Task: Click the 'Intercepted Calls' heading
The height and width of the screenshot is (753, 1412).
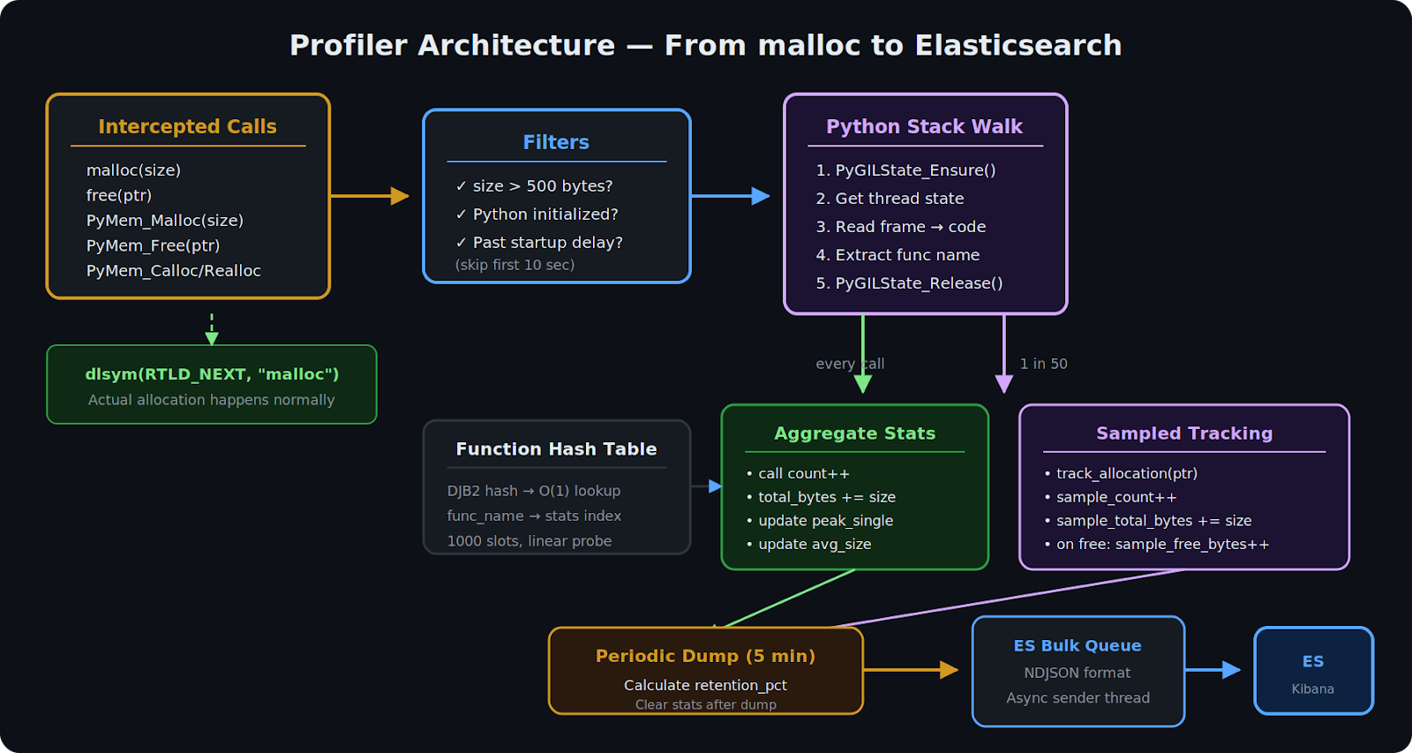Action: [187, 127]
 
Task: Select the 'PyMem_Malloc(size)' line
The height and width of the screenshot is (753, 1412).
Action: [164, 221]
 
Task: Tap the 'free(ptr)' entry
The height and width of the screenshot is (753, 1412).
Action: [119, 195]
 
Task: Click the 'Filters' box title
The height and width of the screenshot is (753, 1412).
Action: [556, 143]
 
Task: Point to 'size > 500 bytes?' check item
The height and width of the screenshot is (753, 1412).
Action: [542, 186]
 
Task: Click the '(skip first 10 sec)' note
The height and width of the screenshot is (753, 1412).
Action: [514, 265]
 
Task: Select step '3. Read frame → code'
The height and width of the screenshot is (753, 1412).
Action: [900, 227]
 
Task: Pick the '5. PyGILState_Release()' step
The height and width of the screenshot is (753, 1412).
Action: [909, 283]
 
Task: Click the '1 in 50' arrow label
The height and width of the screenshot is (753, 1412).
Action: [1043, 364]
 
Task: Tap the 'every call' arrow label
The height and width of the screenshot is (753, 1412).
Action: [849, 364]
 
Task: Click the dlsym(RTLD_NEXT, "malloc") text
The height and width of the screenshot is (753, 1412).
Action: [212, 374]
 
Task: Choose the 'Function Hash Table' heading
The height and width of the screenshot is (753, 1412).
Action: [556, 449]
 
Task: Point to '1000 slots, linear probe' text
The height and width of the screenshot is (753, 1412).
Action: [529, 541]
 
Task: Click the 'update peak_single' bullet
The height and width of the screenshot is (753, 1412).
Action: [825, 521]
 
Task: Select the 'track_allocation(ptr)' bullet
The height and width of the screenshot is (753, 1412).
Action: [1126, 474]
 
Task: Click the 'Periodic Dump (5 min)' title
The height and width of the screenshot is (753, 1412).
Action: [705, 656]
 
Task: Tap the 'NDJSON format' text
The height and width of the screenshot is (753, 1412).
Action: [1077, 673]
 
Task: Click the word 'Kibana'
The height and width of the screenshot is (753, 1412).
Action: [1312, 689]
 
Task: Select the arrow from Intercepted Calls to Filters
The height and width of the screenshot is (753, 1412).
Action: [369, 196]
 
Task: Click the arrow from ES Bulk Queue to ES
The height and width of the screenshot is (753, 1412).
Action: [1213, 670]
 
